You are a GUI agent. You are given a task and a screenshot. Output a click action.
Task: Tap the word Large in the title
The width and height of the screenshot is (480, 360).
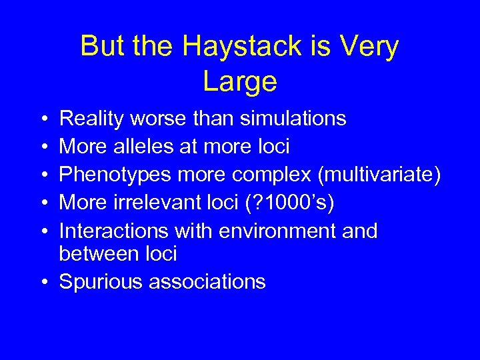coord(239,81)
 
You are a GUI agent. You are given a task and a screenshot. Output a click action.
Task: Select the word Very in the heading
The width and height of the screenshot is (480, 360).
coord(369,47)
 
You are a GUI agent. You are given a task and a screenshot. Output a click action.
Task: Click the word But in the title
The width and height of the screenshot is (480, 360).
coord(103,47)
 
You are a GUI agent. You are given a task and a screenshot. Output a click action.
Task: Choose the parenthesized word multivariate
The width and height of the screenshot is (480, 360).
coord(379,175)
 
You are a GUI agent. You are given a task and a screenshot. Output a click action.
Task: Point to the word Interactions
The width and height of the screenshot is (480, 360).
coord(114,231)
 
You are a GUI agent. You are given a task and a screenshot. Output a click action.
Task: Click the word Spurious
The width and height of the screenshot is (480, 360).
coord(101,282)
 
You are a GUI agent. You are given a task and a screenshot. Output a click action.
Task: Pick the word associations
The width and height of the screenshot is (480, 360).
coord(207,282)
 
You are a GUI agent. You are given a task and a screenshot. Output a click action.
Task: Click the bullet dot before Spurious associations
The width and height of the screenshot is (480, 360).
coord(43,282)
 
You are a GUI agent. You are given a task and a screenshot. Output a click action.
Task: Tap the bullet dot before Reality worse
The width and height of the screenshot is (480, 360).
coord(43,119)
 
